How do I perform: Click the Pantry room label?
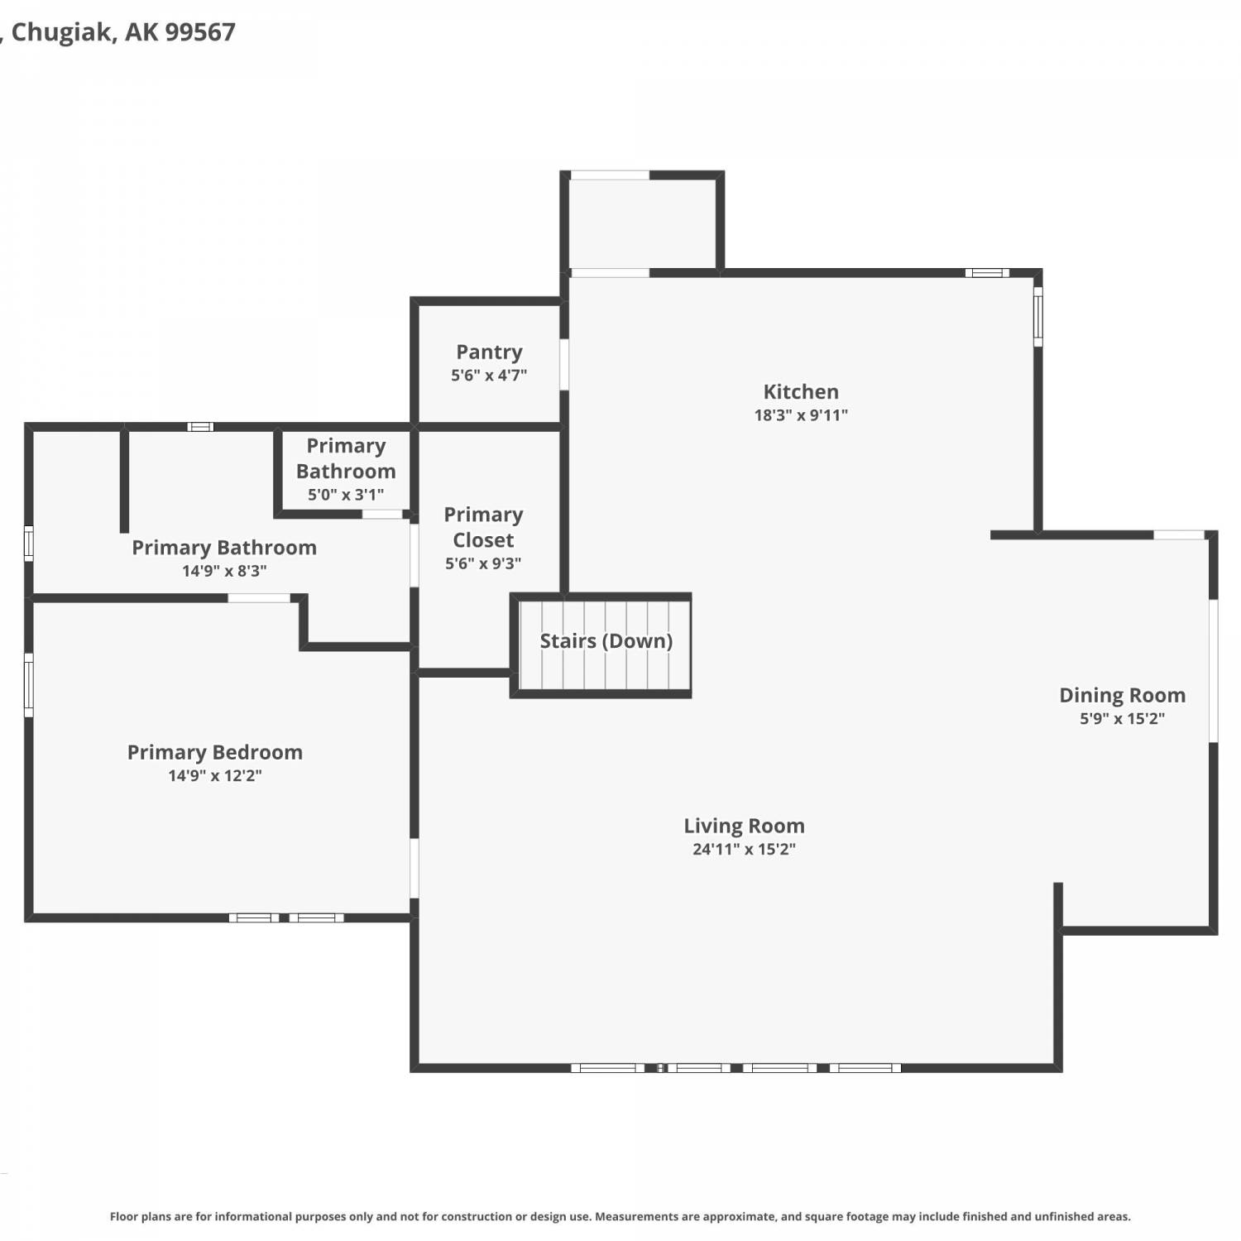click(x=489, y=352)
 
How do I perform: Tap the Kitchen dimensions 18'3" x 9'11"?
click(x=801, y=415)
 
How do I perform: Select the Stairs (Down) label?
click(x=606, y=640)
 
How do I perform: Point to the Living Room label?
click(x=744, y=826)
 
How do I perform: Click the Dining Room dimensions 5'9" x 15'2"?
click(x=1122, y=718)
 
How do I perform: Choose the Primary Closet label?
click(x=483, y=527)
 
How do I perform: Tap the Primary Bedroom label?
click(x=215, y=752)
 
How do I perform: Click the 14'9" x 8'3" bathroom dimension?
click(x=224, y=571)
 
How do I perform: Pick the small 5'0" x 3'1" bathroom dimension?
click(x=346, y=495)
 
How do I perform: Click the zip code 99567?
click(x=200, y=31)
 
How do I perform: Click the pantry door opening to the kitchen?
click(x=564, y=364)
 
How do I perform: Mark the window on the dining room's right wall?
click(x=1214, y=671)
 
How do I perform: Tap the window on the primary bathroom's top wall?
click(x=200, y=427)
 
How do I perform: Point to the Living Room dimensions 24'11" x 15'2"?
click(x=744, y=849)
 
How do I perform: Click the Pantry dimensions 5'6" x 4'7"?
click(x=489, y=376)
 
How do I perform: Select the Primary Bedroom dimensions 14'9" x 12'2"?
click(x=215, y=776)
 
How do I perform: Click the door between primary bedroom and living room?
click(x=414, y=868)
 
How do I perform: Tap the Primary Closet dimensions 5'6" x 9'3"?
click(x=483, y=563)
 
